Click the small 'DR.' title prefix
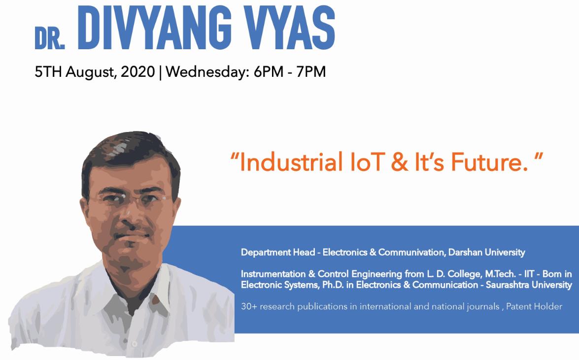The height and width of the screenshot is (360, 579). pyautogui.click(x=49, y=38)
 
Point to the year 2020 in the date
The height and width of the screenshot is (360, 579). pyautogui.click(x=138, y=71)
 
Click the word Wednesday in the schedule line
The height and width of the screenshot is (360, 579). pyautogui.click(x=205, y=71)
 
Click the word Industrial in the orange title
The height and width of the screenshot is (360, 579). pyautogui.click(x=291, y=162)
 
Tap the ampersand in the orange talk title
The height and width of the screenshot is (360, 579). pyautogui.click(x=399, y=163)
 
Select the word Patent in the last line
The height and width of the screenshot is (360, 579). pyautogui.click(x=518, y=306)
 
